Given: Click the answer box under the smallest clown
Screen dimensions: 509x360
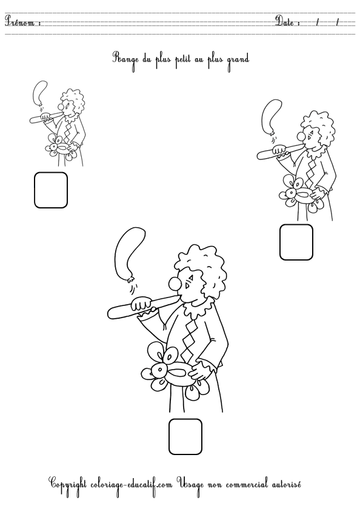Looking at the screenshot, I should pos(51,190).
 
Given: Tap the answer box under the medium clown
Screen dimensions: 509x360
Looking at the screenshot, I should pos(296,242).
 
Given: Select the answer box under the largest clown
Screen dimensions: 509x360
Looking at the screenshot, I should pos(185,436).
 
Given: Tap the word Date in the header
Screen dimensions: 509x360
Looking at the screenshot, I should pos(287,23).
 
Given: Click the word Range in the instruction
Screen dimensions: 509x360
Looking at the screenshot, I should pos(124,59).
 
